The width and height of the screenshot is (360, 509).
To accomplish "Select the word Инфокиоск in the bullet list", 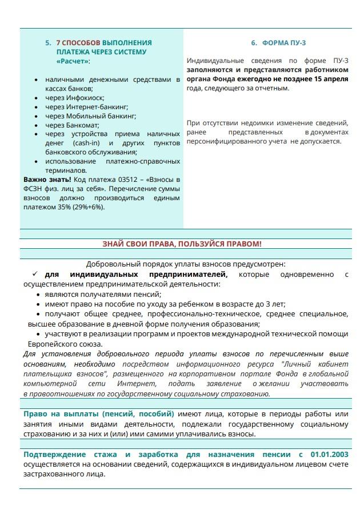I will (x=87, y=98).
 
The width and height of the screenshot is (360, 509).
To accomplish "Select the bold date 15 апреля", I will (x=331, y=79).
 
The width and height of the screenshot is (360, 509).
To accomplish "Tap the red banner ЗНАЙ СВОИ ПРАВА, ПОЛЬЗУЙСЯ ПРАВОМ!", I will (x=182, y=244).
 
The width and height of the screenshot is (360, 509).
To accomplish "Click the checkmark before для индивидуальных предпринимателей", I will (x=35, y=274).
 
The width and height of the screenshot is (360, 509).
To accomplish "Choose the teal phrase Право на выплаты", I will (x=61, y=413).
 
